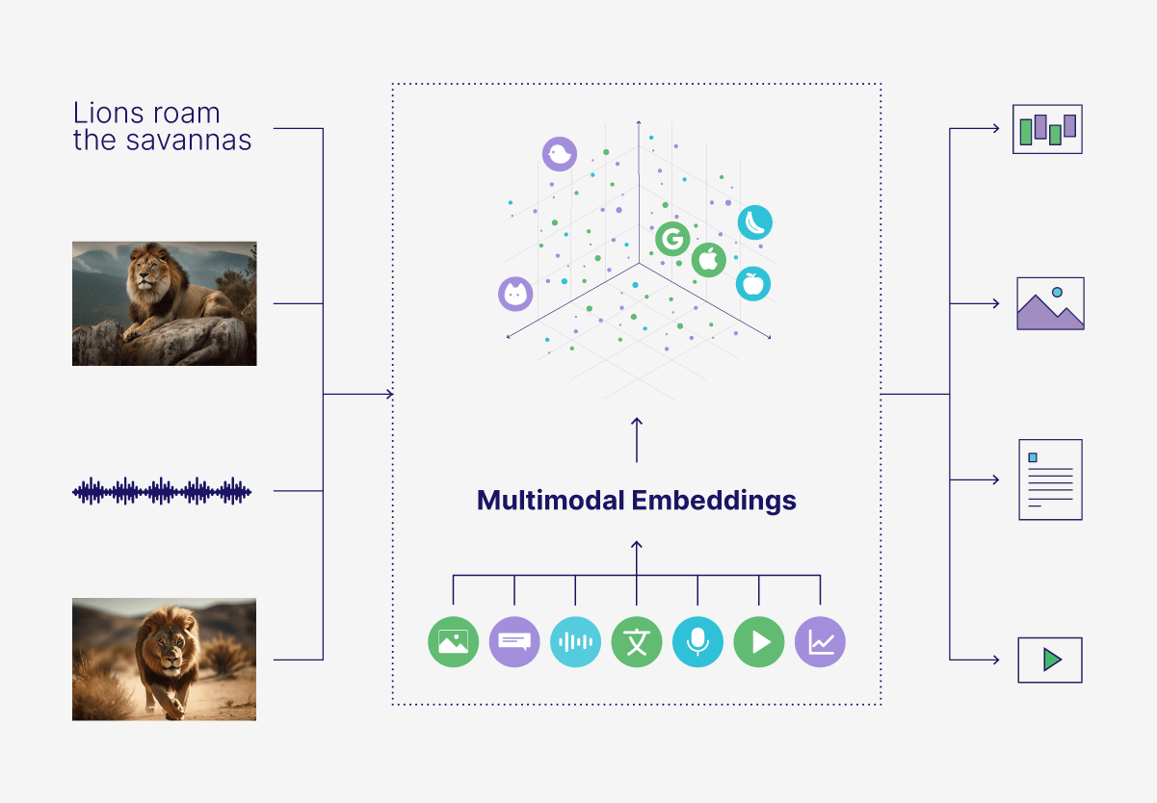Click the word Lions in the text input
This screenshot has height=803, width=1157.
click(x=104, y=114)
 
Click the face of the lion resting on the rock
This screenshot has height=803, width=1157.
click(x=145, y=269)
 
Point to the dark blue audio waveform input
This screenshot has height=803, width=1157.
click(x=162, y=491)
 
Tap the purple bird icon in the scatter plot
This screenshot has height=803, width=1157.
click(x=558, y=154)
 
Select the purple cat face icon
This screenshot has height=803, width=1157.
click(x=515, y=294)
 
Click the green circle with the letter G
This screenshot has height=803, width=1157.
click(x=671, y=238)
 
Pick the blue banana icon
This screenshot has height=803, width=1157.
click(x=755, y=222)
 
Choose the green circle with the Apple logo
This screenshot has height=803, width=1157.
click(x=708, y=259)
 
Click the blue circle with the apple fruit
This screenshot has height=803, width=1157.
click(x=753, y=283)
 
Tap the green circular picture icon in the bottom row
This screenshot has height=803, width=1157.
click(x=453, y=641)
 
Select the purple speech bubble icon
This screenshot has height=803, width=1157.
click(x=514, y=641)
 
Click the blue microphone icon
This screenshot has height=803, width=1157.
click(x=697, y=641)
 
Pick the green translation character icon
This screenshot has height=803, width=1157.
click(x=637, y=641)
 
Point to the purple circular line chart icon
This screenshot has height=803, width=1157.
click(x=820, y=641)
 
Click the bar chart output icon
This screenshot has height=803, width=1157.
click(x=1048, y=129)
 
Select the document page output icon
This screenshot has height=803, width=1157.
click(x=1050, y=479)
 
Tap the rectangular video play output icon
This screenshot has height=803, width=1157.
click(x=1050, y=660)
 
